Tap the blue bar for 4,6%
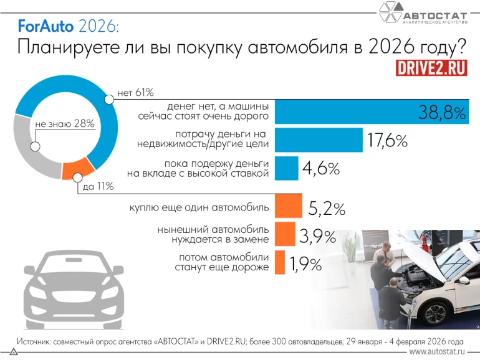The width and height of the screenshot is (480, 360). tap(286, 168)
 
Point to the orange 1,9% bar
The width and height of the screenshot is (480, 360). tap(279, 262)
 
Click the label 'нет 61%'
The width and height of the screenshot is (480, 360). tap(135, 93)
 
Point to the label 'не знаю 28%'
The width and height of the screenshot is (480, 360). tap(65, 123)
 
